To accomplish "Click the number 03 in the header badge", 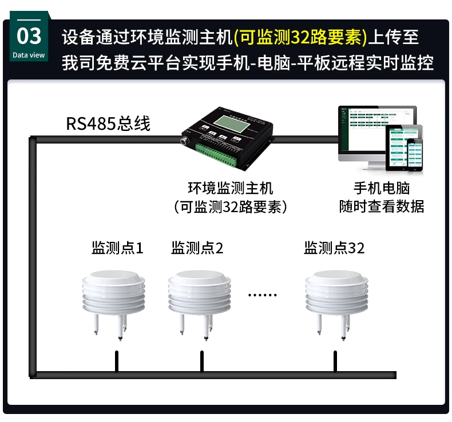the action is point(29,36).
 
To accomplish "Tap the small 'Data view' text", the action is point(29,55).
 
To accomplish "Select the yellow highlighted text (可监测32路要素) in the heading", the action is point(300,37).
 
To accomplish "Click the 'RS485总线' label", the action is point(108,124).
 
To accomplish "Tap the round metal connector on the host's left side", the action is point(185,139).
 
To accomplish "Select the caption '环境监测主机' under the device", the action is point(231,188).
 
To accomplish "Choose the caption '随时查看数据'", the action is point(382,206).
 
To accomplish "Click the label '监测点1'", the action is point(117,248).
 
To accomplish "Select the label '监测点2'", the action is point(197,248).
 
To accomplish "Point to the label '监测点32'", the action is point(334,248).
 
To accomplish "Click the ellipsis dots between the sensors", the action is point(263,295).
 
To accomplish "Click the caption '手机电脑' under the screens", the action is point(382,188).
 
